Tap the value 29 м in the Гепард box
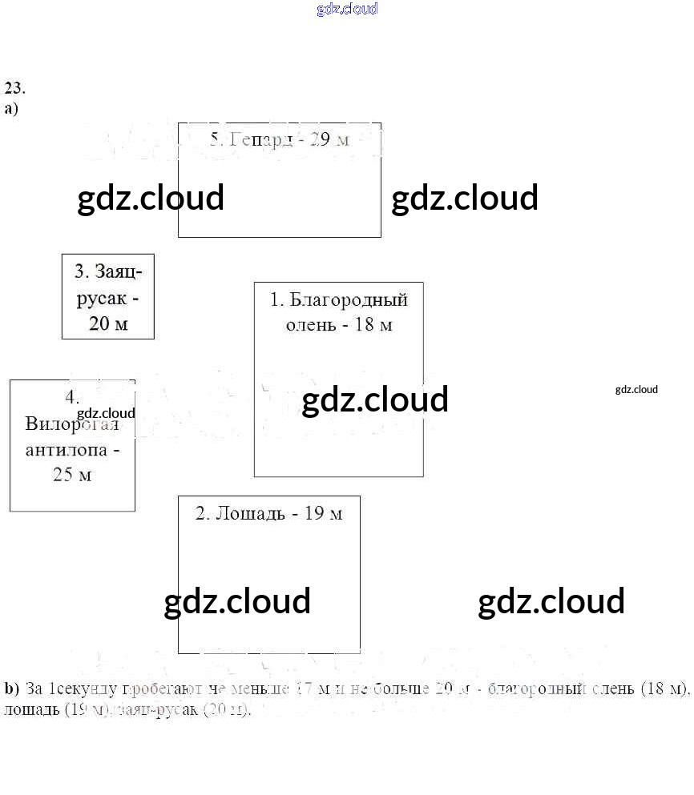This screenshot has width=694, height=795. pyautogui.click(x=329, y=139)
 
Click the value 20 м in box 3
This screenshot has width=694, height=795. pyautogui.click(x=108, y=324)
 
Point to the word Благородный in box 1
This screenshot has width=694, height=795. pyautogui.click(x=349, y=300)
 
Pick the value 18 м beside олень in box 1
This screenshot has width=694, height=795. pyautogui.click(x=374, y=325)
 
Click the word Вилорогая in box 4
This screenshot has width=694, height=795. pyautogui.click(x=71, y=424)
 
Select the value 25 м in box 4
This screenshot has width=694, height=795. pyautogui.click(x=72, y=475)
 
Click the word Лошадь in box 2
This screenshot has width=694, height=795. pyautogui.click(x=250, y=514)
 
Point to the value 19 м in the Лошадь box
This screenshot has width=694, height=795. pyautogui.click(x=323, y=514)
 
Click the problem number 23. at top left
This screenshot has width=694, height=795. pyautogui.click(x=14, y=88)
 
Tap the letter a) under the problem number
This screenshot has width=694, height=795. pyautogui.click(x=11, y=108)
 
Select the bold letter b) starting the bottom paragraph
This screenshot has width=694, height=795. pyautogui.click(x=11, y=689)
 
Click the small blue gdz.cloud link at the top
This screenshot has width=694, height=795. pyautogui.click(x=347, y=10)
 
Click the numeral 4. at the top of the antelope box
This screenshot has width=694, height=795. pyautogui.click(x=72, y=397)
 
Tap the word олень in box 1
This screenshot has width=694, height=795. pyautogui.click(x=311, y=325)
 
